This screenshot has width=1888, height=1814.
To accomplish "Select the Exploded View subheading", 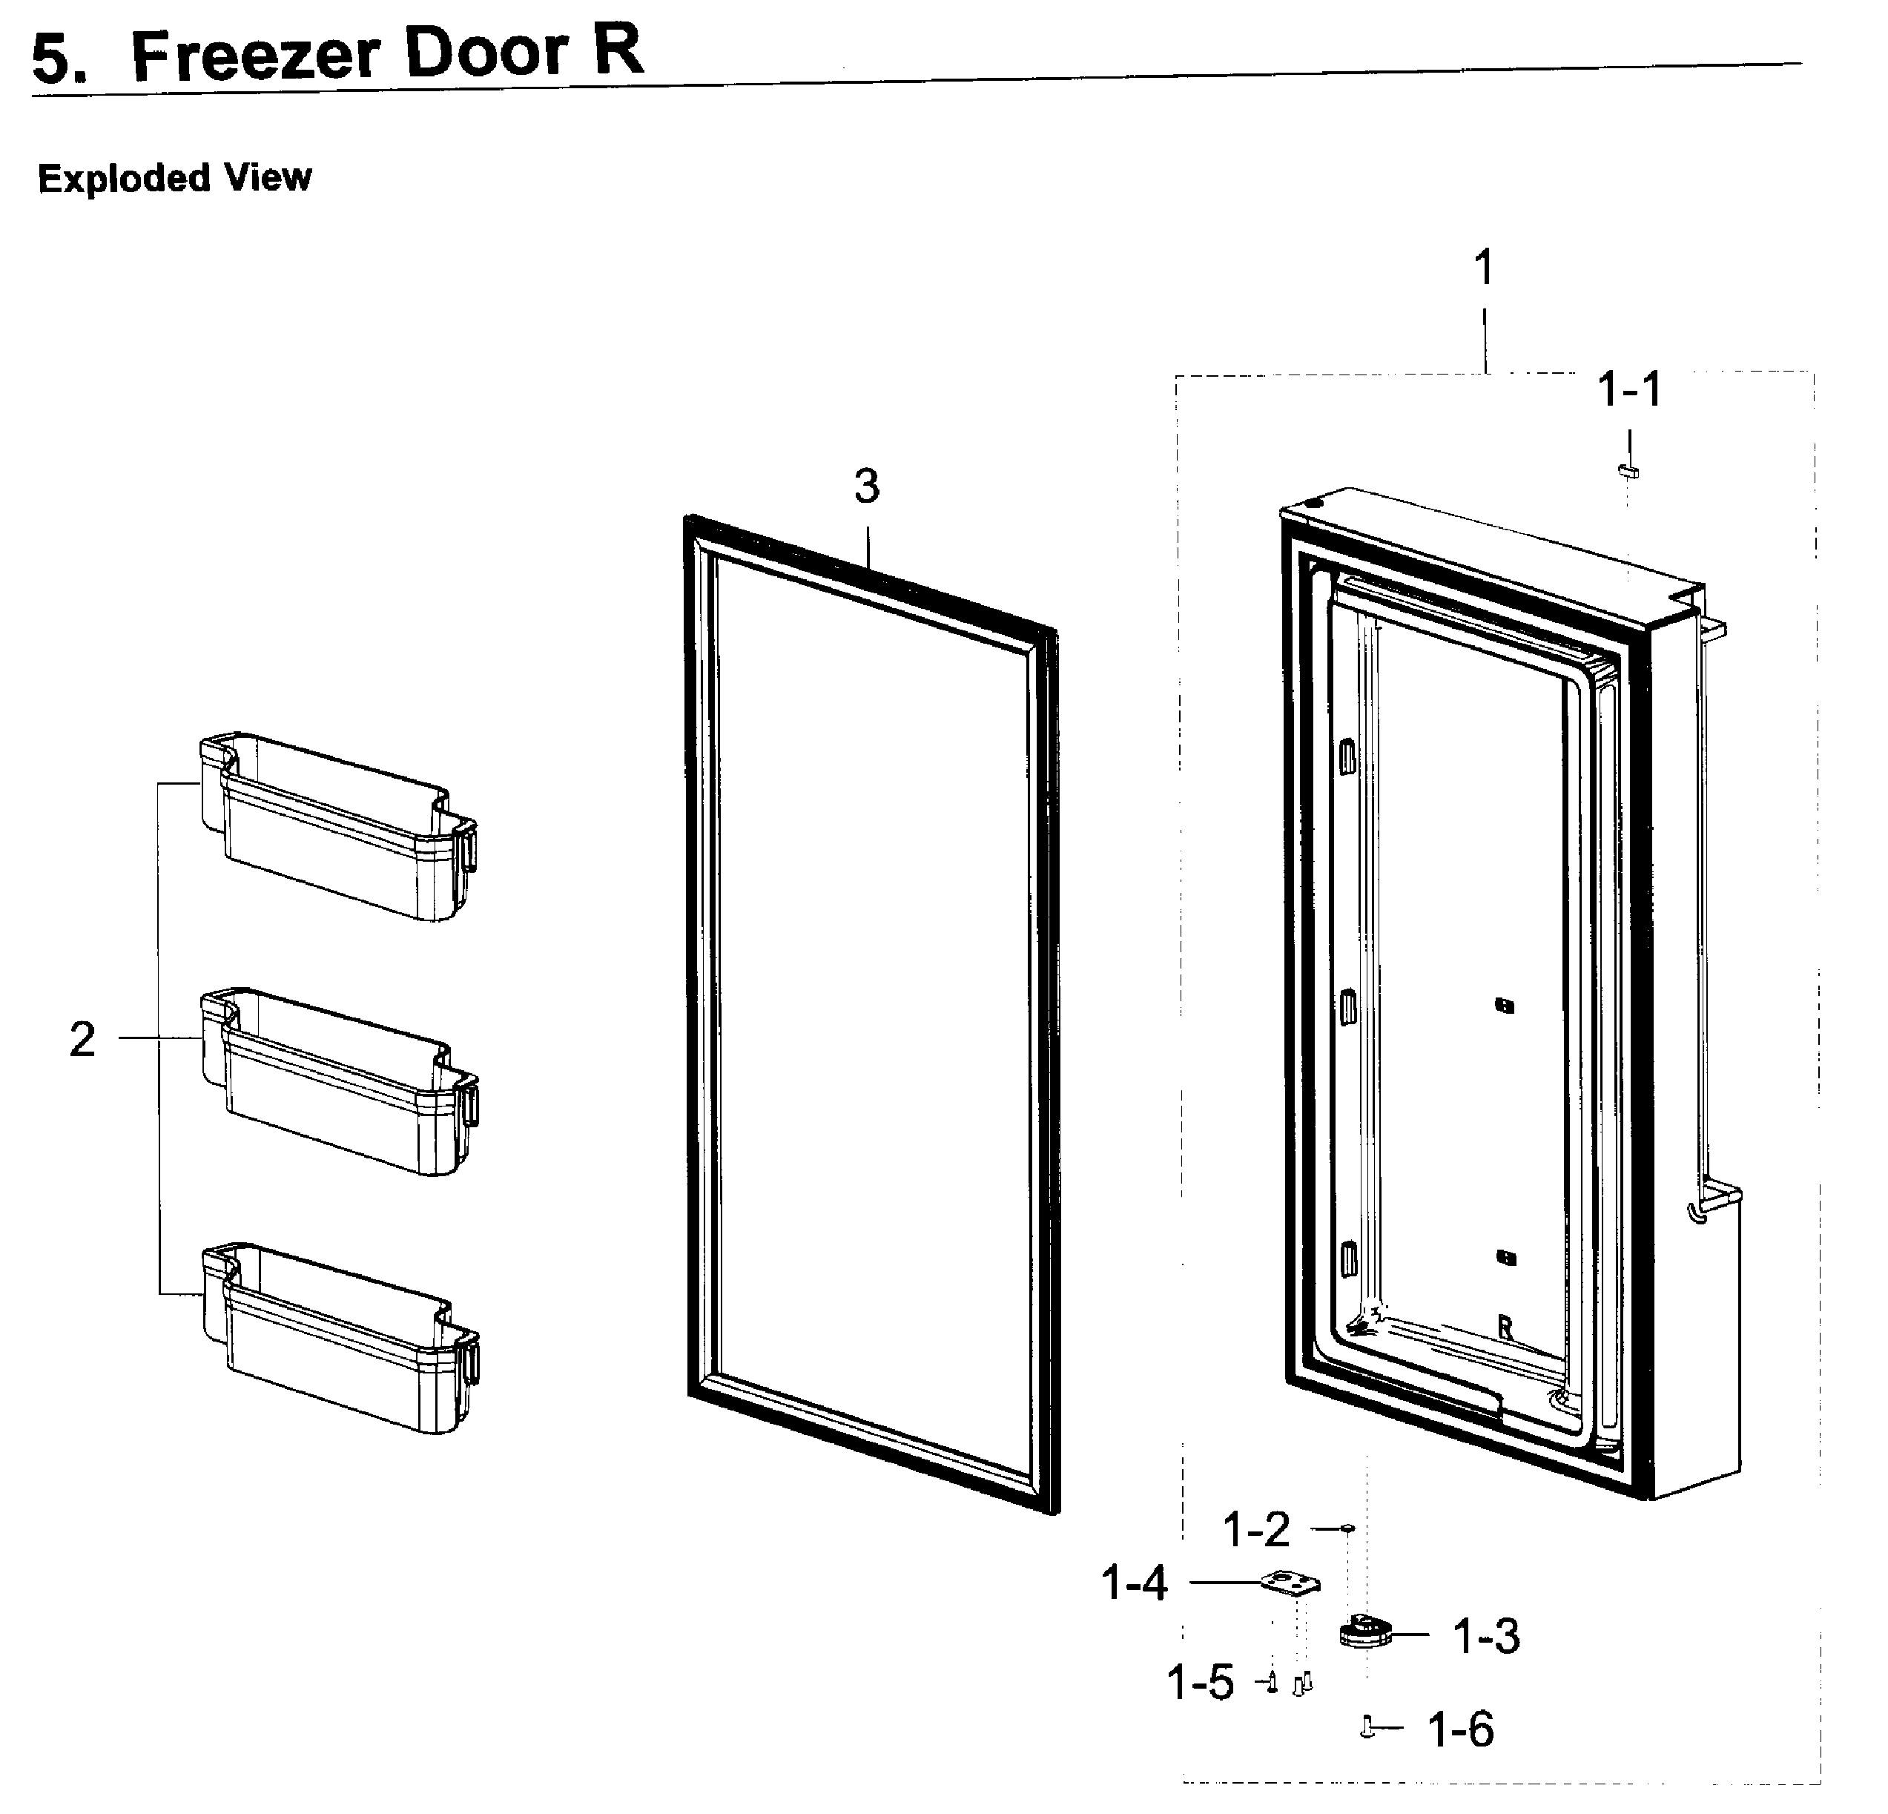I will pyautogui.click(x=174, y=178).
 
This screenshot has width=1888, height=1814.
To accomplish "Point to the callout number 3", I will pyautogui.click(x=866, y=487).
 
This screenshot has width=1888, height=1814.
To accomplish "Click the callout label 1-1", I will pyautogui.click(x=1629, y=390).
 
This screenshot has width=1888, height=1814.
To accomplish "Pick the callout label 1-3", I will pyautogui.click(x=1486, y=1636).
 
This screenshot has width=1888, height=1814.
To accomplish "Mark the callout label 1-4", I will pyautogui.click(x=1134, y=1583).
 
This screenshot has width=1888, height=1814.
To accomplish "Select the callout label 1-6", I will pyautogui.click(x=1460, y=1729).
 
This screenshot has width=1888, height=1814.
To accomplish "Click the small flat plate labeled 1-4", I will pyautogui.click(x=1290, y=1584).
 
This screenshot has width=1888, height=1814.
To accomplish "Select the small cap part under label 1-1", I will pyautogui.click(x=1628, y=470).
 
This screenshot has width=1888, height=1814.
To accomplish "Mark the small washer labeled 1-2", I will pyautogui.click(x=1347, y=1528).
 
